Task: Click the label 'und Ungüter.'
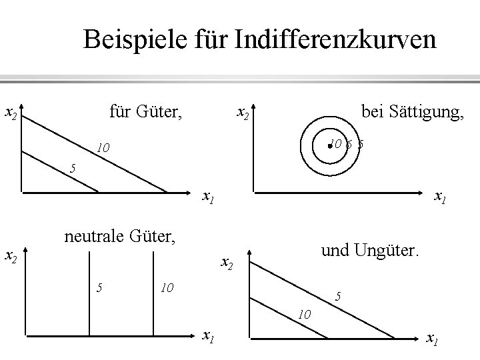pyautogui.click(x=371, y=252)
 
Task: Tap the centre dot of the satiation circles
pyautogui.click(x=329, y=143)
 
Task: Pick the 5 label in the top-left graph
pyautogui.click(x=73, y=167)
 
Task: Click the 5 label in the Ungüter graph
pyautogui.click(x=339, y=296)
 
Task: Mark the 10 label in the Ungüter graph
pyautogui.click(x=305, y=313)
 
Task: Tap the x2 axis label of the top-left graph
pyautogui.click(x=11, y=114)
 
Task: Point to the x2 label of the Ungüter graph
pyautogui.click(x=227, y=264)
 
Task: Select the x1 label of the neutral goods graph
pyautogui.click(x=208, y=336)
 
